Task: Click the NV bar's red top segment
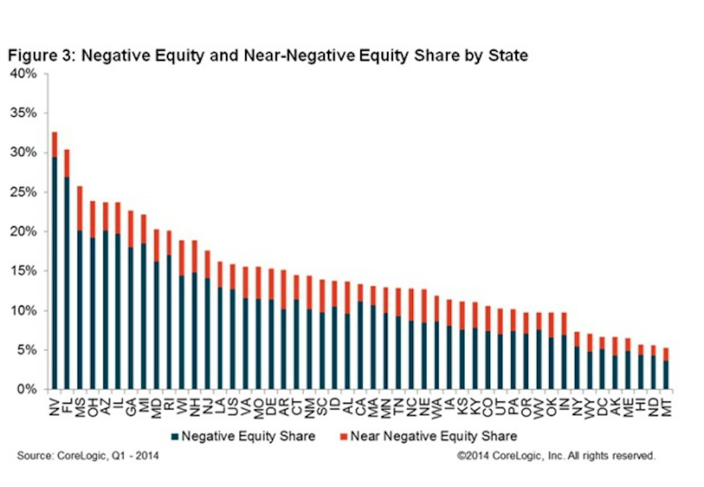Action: click(54, 145)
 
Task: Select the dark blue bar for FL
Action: click(67, 283)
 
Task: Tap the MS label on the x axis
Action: click(80, 407)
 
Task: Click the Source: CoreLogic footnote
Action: click(88, 455)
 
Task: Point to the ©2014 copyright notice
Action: click(556, 455)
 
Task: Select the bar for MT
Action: click(666, 375)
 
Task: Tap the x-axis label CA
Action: click(360, 407)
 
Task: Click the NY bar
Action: click(577, 368)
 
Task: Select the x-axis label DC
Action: click(602, 407)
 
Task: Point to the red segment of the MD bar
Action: click(156, 245)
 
